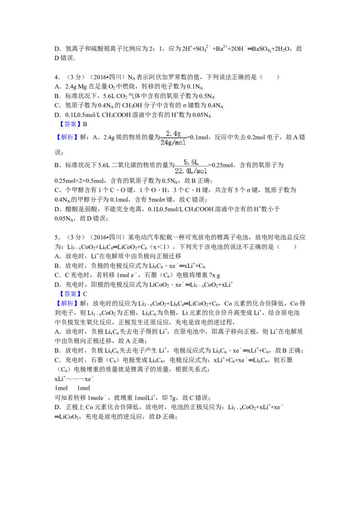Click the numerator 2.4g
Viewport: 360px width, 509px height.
173,134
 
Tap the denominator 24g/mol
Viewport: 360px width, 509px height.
173,143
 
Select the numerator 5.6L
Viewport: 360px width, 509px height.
191,162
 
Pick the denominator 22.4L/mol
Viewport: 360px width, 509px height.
191,171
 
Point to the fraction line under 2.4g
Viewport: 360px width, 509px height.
173,138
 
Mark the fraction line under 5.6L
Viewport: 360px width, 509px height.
191,166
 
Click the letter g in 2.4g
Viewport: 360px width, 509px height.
179,134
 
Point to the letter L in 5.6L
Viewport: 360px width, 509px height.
196,162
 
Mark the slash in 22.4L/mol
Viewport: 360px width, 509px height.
194,171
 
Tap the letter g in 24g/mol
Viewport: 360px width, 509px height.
169,143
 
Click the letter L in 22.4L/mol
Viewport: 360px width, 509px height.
191,171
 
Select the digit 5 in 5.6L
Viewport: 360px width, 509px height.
185,162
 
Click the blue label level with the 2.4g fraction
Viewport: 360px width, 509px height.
67,137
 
